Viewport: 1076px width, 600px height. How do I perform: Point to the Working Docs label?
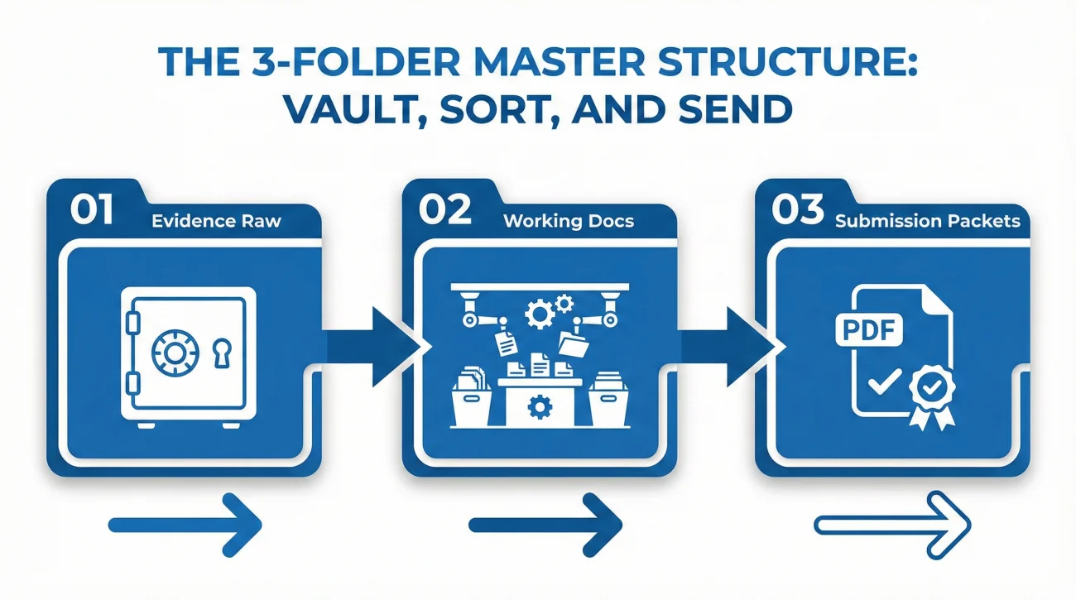point(569,221)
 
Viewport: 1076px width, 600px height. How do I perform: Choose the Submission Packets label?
point(927,221)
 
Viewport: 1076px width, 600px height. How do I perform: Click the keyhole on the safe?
point(219,353)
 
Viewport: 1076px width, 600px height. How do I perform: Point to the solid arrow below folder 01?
point(185,524)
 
